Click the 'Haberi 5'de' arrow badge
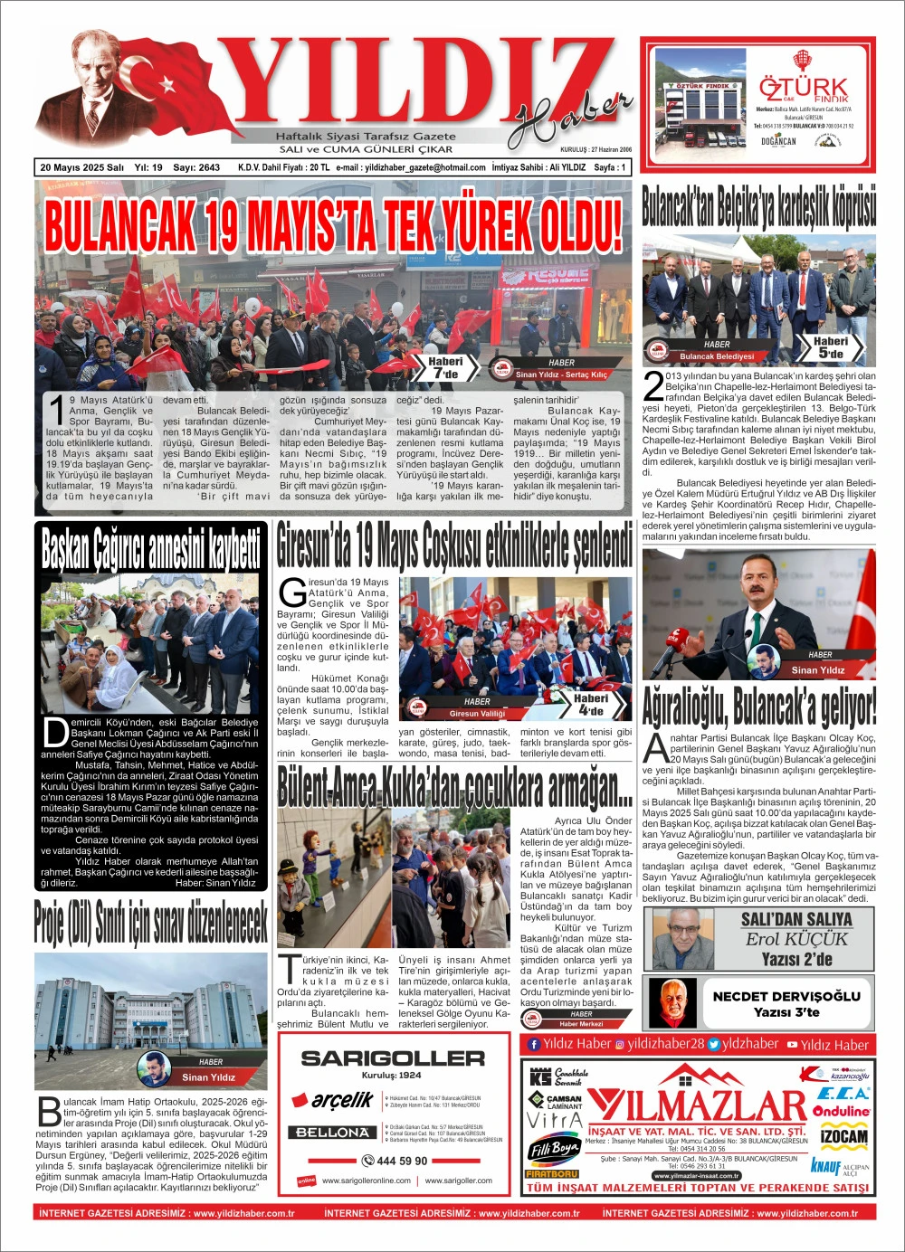click(829, 347)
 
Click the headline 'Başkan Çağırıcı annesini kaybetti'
click(151, 549)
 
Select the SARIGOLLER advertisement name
click(393, 1058)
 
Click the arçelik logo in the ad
click(342, 1100)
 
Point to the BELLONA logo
click(333, 1132)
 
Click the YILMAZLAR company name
click(697, 1105)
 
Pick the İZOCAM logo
click(843, 1136)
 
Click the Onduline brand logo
click(841, 1111)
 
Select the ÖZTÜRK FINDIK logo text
click(803, 90)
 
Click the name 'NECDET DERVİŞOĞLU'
click(786, 995)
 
